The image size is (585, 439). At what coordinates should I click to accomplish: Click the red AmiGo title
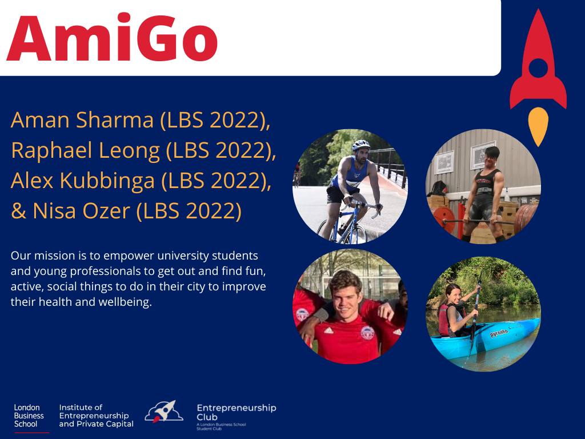click(x=112, y=37)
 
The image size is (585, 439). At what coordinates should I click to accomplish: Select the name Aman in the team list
click(x=41, y=120)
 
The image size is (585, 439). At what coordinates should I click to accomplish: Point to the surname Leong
click(x=129, y=151)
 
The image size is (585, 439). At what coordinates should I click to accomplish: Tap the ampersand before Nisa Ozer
click(x=18, y=211)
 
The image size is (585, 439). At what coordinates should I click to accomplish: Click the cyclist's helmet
click(x=361, y=145)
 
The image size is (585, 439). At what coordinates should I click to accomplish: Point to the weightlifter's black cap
click(x=492, y=151)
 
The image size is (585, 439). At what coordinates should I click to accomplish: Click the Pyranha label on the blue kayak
click(x=499, y=333)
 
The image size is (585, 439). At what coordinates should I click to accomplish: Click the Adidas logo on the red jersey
click(x=328, y=330)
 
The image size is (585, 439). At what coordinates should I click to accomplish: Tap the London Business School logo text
click(x=29, y=416)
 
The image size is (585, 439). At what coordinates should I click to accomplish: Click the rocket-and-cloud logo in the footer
click(x=164, y=412)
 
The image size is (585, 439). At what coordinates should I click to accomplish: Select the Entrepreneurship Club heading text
click(x=237, y=413)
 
